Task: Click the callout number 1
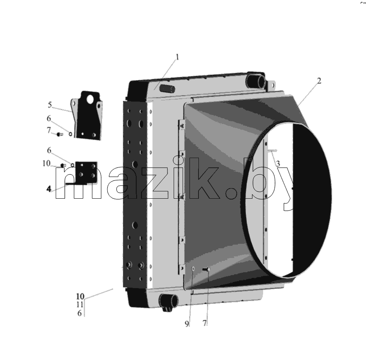coord(177,57)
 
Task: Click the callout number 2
coord(319,81)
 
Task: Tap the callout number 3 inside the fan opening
coord(278,164)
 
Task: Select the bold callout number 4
coord(49,189)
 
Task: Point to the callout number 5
coord(50,105)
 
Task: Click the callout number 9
coord(187,324)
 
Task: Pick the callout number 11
coord(80,304)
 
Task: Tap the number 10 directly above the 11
coord(80,296)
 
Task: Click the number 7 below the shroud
coord(205,323)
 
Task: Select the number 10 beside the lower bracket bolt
coord(46,163)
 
